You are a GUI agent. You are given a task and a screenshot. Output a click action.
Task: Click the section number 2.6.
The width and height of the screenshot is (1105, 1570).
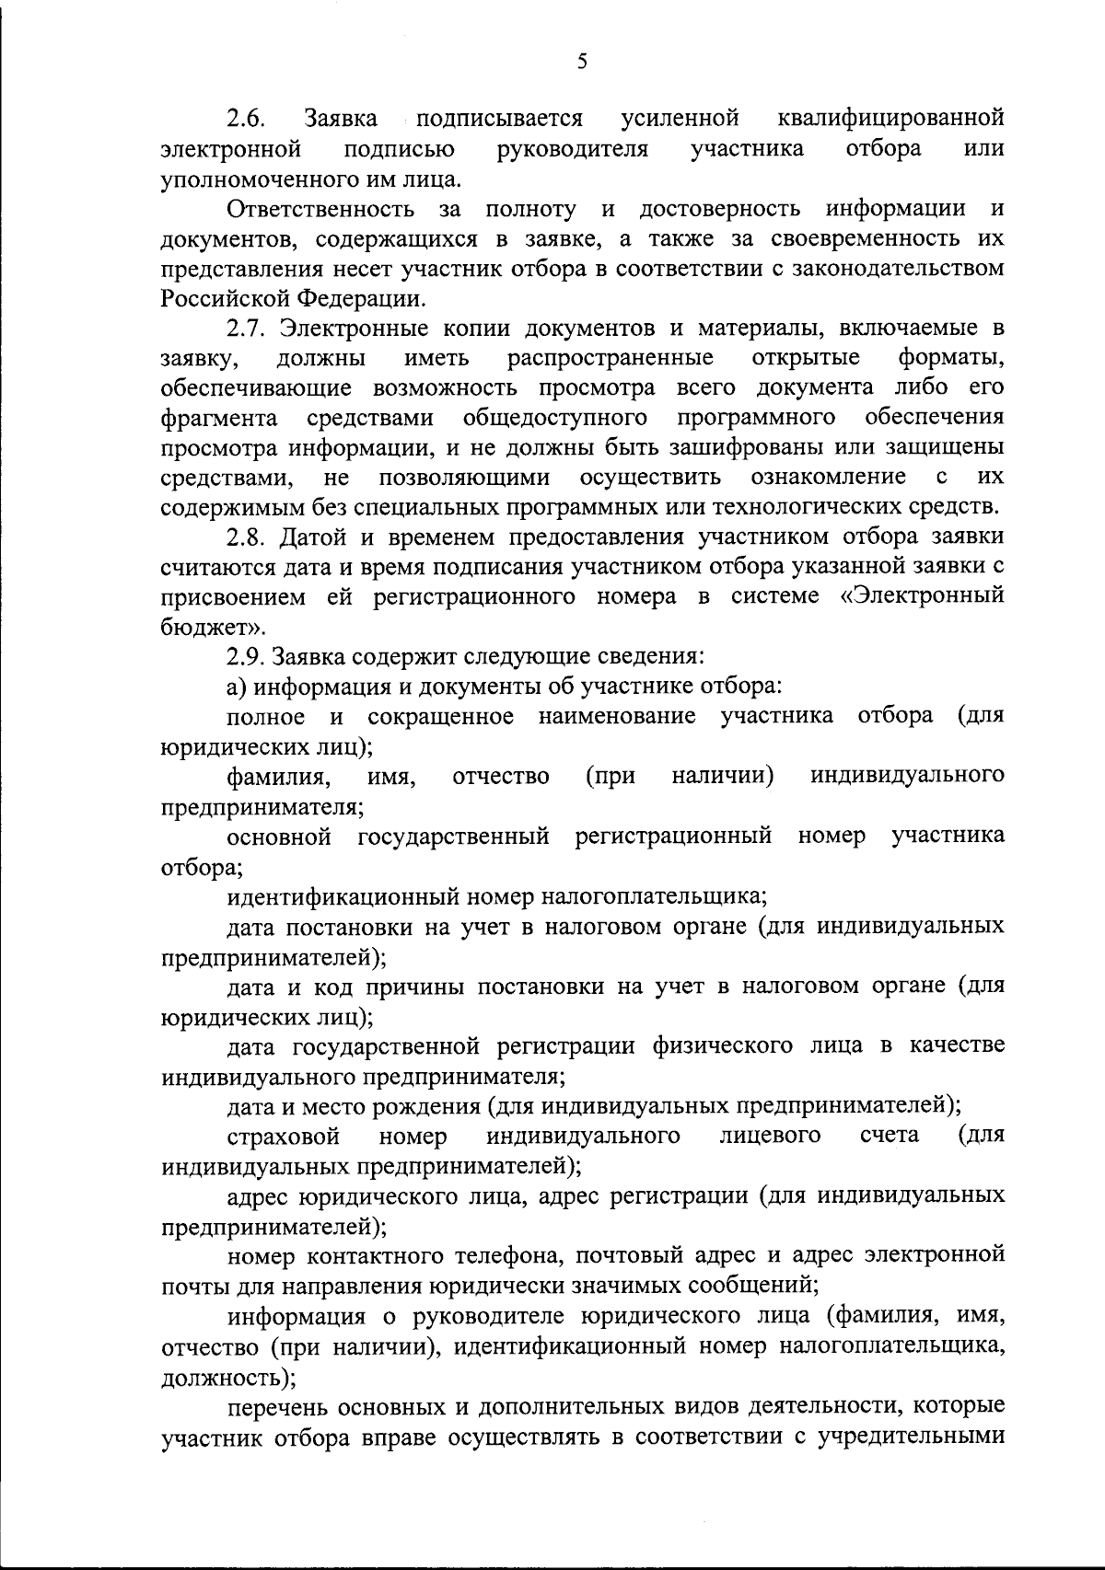point(248,120)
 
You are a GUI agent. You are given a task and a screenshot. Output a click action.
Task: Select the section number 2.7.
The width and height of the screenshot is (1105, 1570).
point(248,329)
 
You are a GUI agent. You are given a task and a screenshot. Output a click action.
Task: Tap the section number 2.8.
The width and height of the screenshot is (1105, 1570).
point(248,537)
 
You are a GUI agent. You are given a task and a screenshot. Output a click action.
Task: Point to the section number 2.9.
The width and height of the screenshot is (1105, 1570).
point(248,657)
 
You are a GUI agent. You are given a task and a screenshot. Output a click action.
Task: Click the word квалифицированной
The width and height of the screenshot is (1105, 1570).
point(890,120)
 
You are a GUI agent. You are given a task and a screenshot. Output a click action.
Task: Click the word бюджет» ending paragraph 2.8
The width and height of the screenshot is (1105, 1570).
point(201,628)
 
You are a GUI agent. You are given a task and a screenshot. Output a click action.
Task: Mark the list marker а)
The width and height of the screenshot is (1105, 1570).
point(238,687)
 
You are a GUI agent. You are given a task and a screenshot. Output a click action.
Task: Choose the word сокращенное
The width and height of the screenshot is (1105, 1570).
point(440,717)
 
